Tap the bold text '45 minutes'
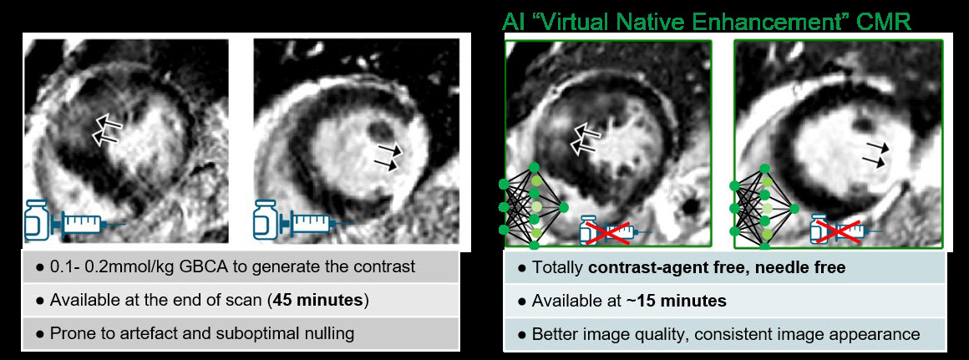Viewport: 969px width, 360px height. (x=321, y=300)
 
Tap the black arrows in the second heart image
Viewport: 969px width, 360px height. (x=388, y=158)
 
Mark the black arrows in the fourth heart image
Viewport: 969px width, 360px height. (x=876, y=153)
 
